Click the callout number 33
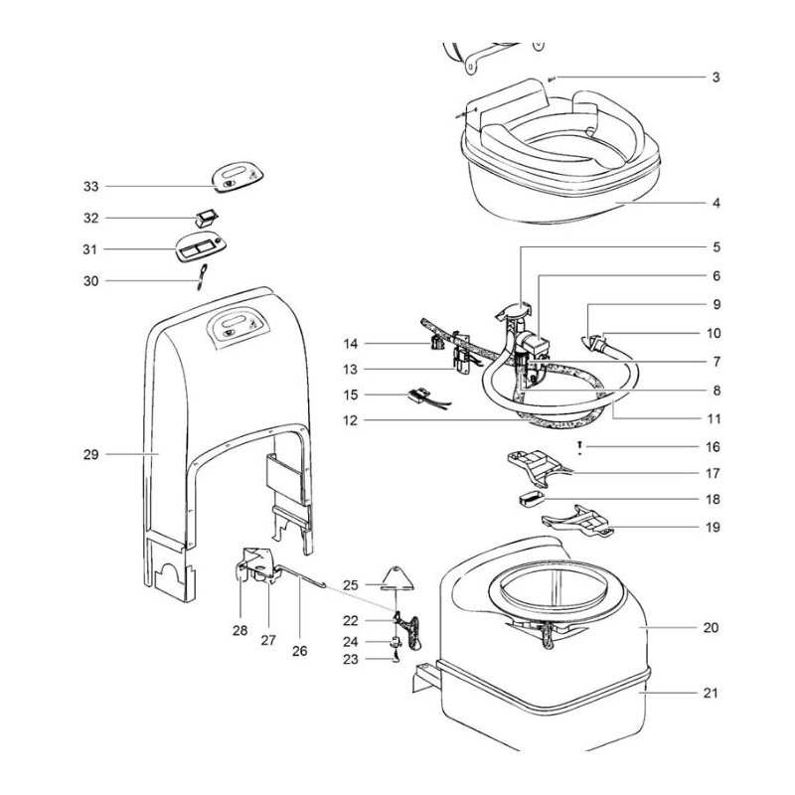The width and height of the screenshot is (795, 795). [x=91, y=186]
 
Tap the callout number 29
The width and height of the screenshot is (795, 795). [x=91, y=454]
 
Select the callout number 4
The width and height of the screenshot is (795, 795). [x=715, y=204]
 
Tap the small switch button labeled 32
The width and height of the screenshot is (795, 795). [x=207, y=215]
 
